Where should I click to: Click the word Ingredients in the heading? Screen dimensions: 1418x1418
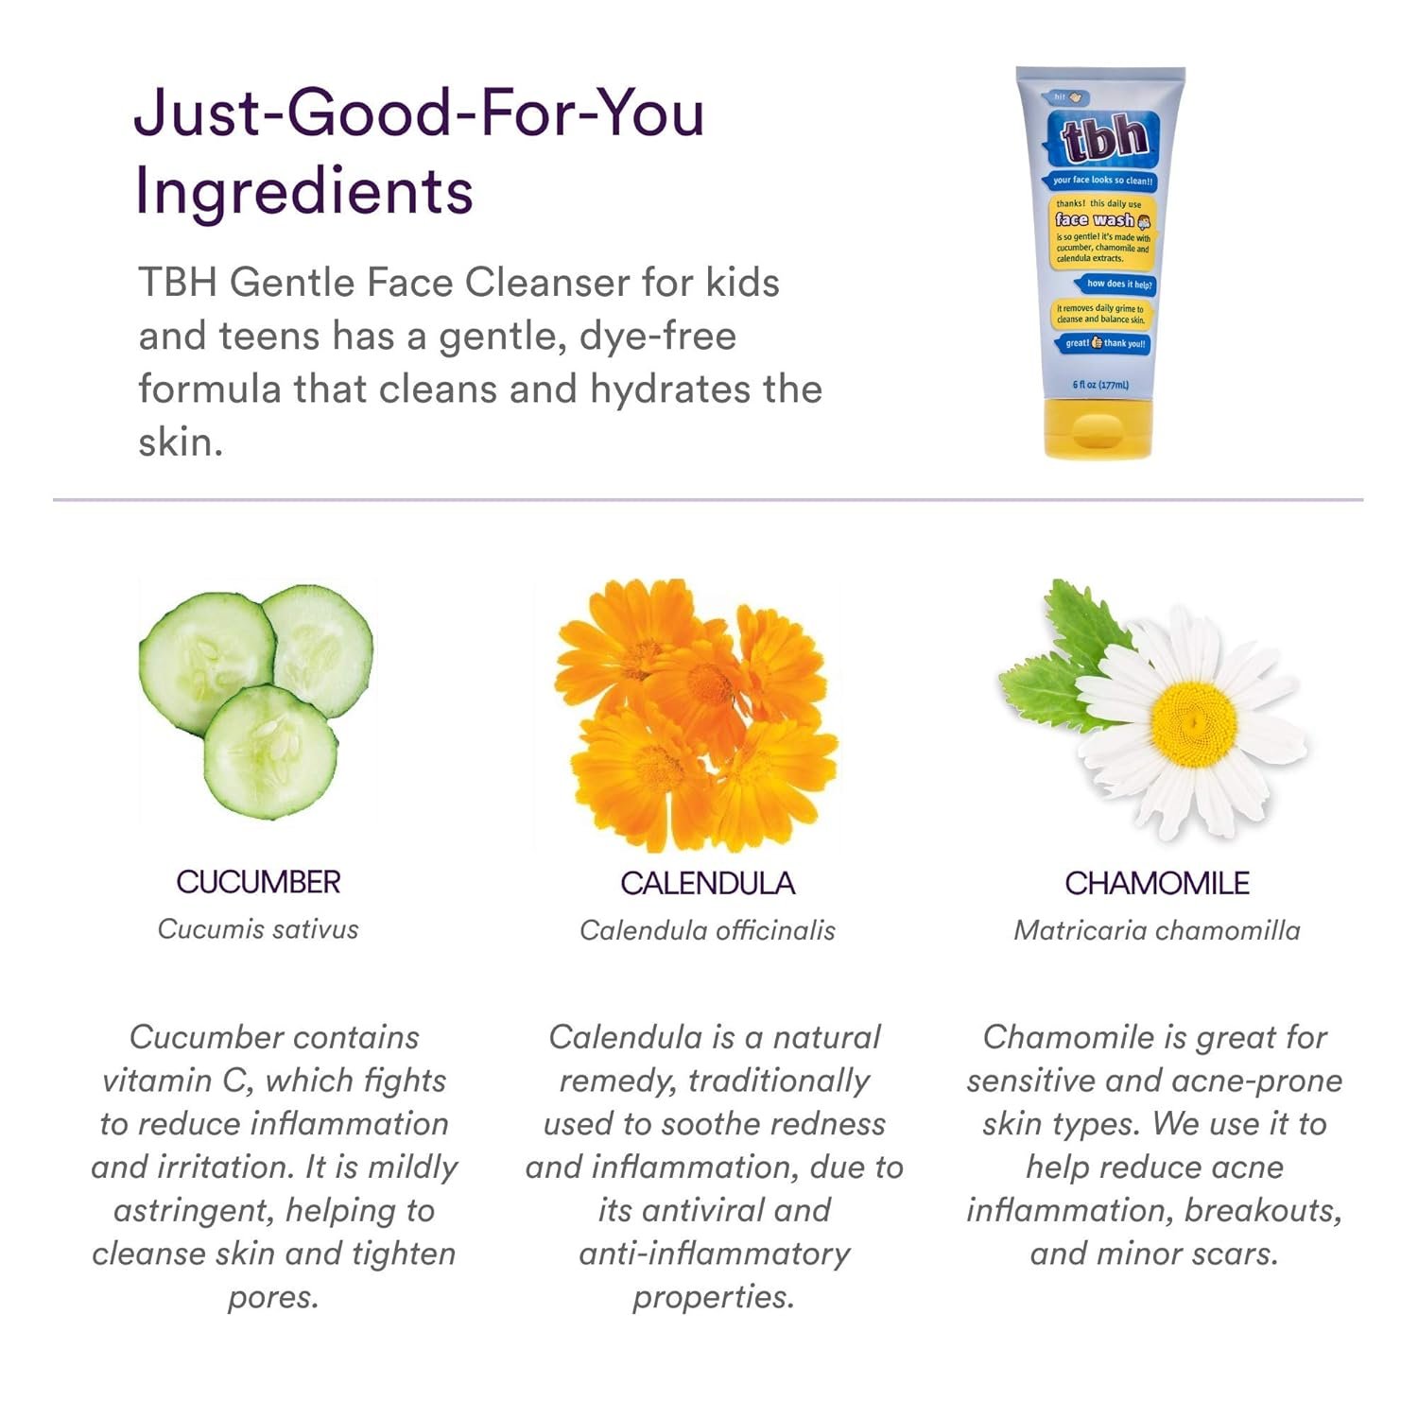(x=303, y=193)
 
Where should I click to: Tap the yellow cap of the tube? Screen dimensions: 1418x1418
(x=1098, y=429)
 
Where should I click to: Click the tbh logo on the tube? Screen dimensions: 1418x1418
(x=1103, y=139)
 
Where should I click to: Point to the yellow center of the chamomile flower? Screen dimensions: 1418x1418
(x=1194, y=724)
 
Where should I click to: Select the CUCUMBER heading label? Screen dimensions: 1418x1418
(x=258, y=882)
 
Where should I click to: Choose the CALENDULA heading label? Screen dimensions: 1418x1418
(x=708, y=883)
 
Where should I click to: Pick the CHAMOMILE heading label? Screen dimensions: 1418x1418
(x=1157, y=883)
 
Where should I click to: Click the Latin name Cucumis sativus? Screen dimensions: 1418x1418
(x=258, y=929)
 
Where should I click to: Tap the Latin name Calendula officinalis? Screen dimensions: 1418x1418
(x=708, y=930)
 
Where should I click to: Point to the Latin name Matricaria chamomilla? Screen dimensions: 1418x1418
(x=1157, y=930)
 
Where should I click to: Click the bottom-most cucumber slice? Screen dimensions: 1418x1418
(x=270, y=752)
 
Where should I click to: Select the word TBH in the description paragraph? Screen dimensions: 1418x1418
(x=178, y=282)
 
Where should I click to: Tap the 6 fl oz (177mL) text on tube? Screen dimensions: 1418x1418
(x=1100, y=385)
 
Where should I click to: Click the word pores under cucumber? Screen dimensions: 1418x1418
(x=274, y=1297)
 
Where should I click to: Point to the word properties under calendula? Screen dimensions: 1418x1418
(x=715, y=1297)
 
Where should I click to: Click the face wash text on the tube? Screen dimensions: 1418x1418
(x=1095, y=219)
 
